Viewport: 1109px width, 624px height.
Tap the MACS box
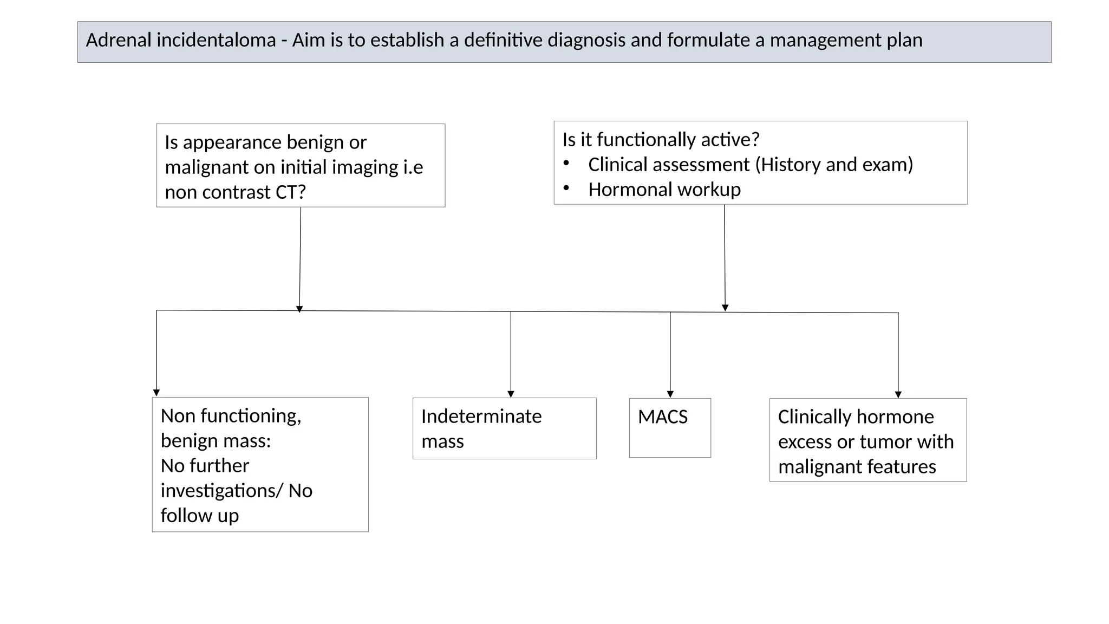pyautogui.click(x=670, y=428)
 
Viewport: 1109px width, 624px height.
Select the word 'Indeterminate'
pyautogui.click(x=481, y=417)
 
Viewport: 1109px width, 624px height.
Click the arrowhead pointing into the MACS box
pyautogui.click(x=670, y=394)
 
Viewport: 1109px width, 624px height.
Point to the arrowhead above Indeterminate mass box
pyautogui.click(x=511, y=394)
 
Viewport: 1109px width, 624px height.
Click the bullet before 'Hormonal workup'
pyautogui.click(x=566, y=188)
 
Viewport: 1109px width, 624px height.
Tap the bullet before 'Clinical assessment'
pyautogui.click(x=566, y=163)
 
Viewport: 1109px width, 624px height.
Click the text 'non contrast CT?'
pyautogui.click(x=235, y=192)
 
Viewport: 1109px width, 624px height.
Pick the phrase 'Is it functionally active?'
pyautogui.click(x=661, y=140)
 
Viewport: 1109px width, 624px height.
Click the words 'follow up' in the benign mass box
pyautogui.click(x=200, y=516)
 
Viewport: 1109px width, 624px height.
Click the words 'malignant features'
pyautogui.click(x=857, y=467)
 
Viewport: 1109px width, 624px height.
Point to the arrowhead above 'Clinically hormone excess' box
pyautogui.click(x=898, y=395)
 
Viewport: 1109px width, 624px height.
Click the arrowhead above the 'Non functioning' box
pyautogui.click(x=156, y=393)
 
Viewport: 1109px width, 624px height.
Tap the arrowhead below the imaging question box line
pyautogui.click(x=299, y=309)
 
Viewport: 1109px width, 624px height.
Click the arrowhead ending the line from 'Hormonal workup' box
pyautogui.click(x=725, y=308)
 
